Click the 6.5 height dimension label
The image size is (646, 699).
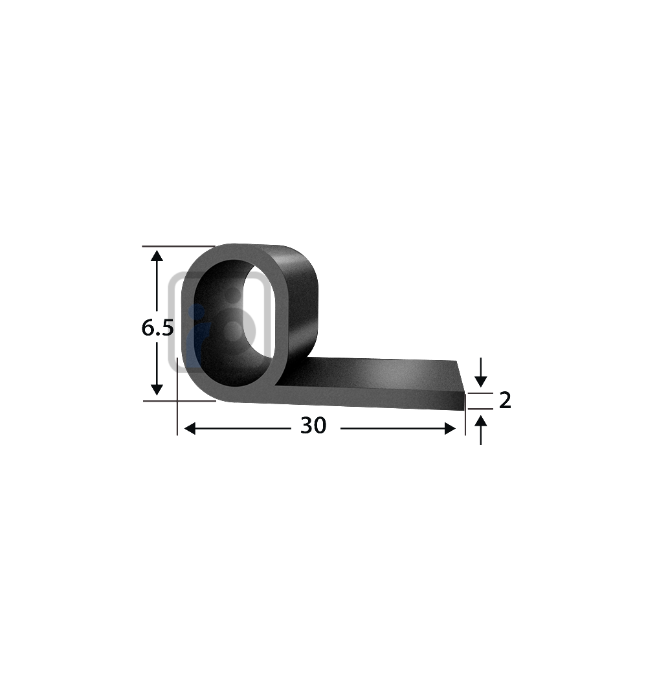(x=157, y=328)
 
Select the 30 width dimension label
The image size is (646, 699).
(x=313, y=426)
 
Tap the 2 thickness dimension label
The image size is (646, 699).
(x=505, y=400)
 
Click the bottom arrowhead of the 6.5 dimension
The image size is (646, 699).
(x=157, y=389)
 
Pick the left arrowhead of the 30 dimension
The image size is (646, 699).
(x=190, y=428)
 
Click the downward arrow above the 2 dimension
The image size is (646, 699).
(x=480, y=376)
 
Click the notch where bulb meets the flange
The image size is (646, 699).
(x=277, y=385)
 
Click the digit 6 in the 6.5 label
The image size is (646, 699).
(x=148, y=328)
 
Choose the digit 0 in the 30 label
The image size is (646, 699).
(x=320, y=426)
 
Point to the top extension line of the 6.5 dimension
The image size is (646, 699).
(x=178, y=246)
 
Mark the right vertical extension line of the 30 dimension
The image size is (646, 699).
(x=465, y=421)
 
